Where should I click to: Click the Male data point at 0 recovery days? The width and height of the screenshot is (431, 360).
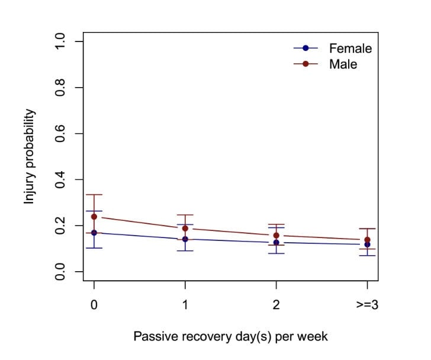point(94,217)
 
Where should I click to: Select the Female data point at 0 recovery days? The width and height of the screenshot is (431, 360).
point(94,233)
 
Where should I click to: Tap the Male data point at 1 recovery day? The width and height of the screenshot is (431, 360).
point(185,229)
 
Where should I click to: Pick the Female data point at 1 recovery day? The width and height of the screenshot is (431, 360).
point(185,239)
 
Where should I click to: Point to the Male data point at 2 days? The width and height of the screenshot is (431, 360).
point(276,236)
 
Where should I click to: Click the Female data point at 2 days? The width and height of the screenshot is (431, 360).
point(276,242)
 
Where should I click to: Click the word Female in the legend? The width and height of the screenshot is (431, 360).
point(350,49)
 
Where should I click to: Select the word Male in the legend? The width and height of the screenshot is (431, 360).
point(343,64)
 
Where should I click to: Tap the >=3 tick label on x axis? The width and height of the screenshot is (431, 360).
point(368,304)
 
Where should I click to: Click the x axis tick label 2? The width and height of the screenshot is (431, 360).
point(276,304)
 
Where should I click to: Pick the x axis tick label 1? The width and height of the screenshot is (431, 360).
point(185,304)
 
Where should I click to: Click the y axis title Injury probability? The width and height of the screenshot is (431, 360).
point(29,157)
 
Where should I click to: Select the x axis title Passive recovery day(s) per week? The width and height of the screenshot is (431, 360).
point(230,337)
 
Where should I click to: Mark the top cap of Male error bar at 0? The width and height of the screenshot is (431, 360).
point(94,194)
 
